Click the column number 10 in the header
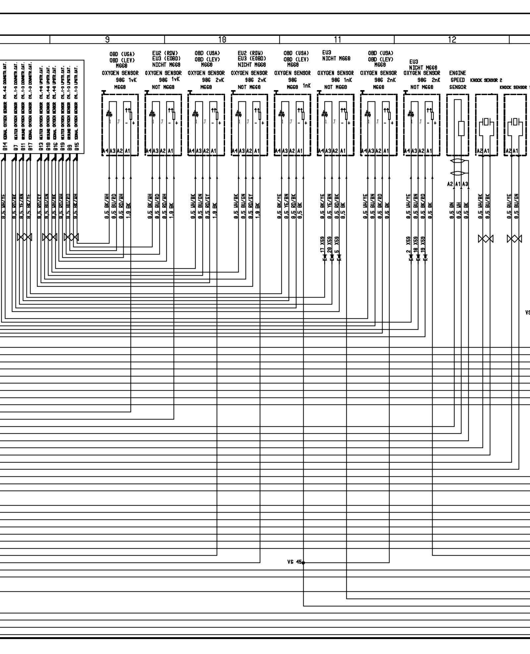click(222, 40)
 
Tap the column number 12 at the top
click(452, 40)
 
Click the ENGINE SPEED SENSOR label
click(457, 80)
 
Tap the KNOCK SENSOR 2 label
click(486, 80)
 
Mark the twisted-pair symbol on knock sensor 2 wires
click(486, 239)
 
